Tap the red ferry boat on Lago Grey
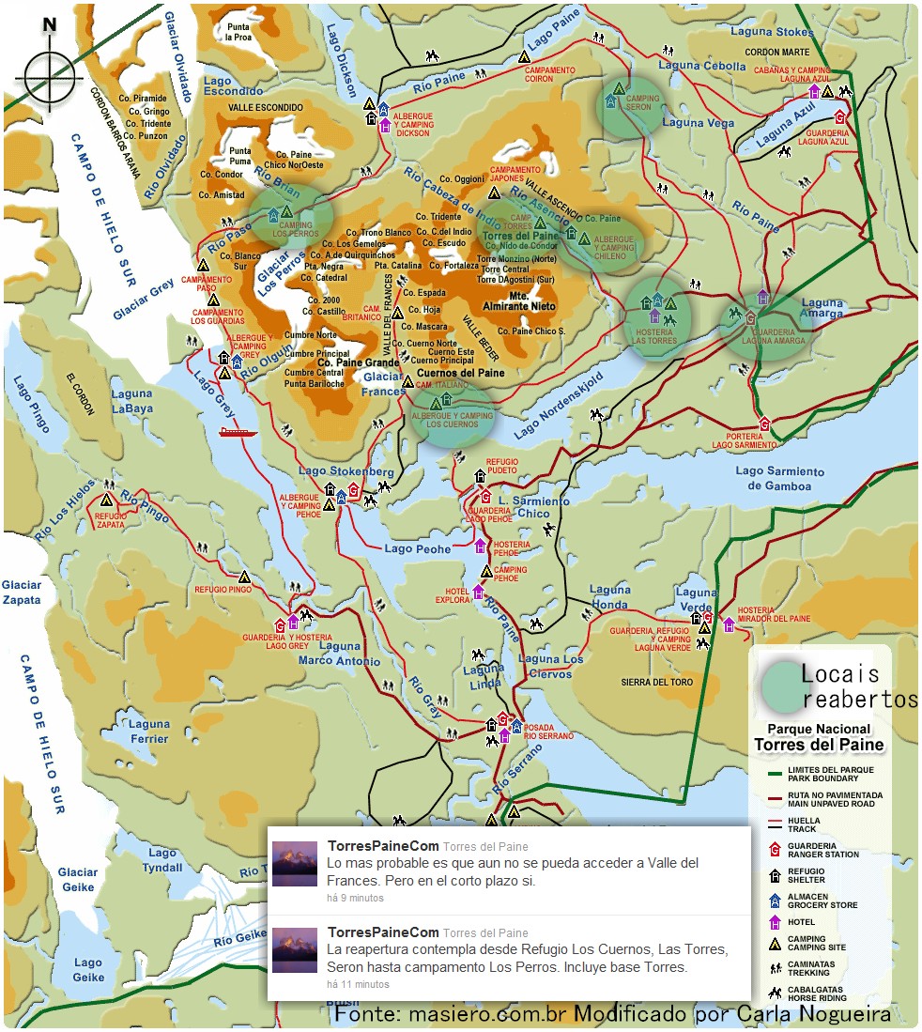click(x=238, y=432)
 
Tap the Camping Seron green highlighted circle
click(x=630, y=104)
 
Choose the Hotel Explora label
click(x=452, y=594)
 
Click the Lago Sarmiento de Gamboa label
click(x=779, y=478)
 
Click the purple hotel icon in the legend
click(x=775, y=922)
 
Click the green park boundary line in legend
click(x=775, y=774)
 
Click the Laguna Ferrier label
click(x=150, y=732)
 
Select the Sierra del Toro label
click(x=648, y=682)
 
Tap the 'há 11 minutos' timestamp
click(x=358, y=984)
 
